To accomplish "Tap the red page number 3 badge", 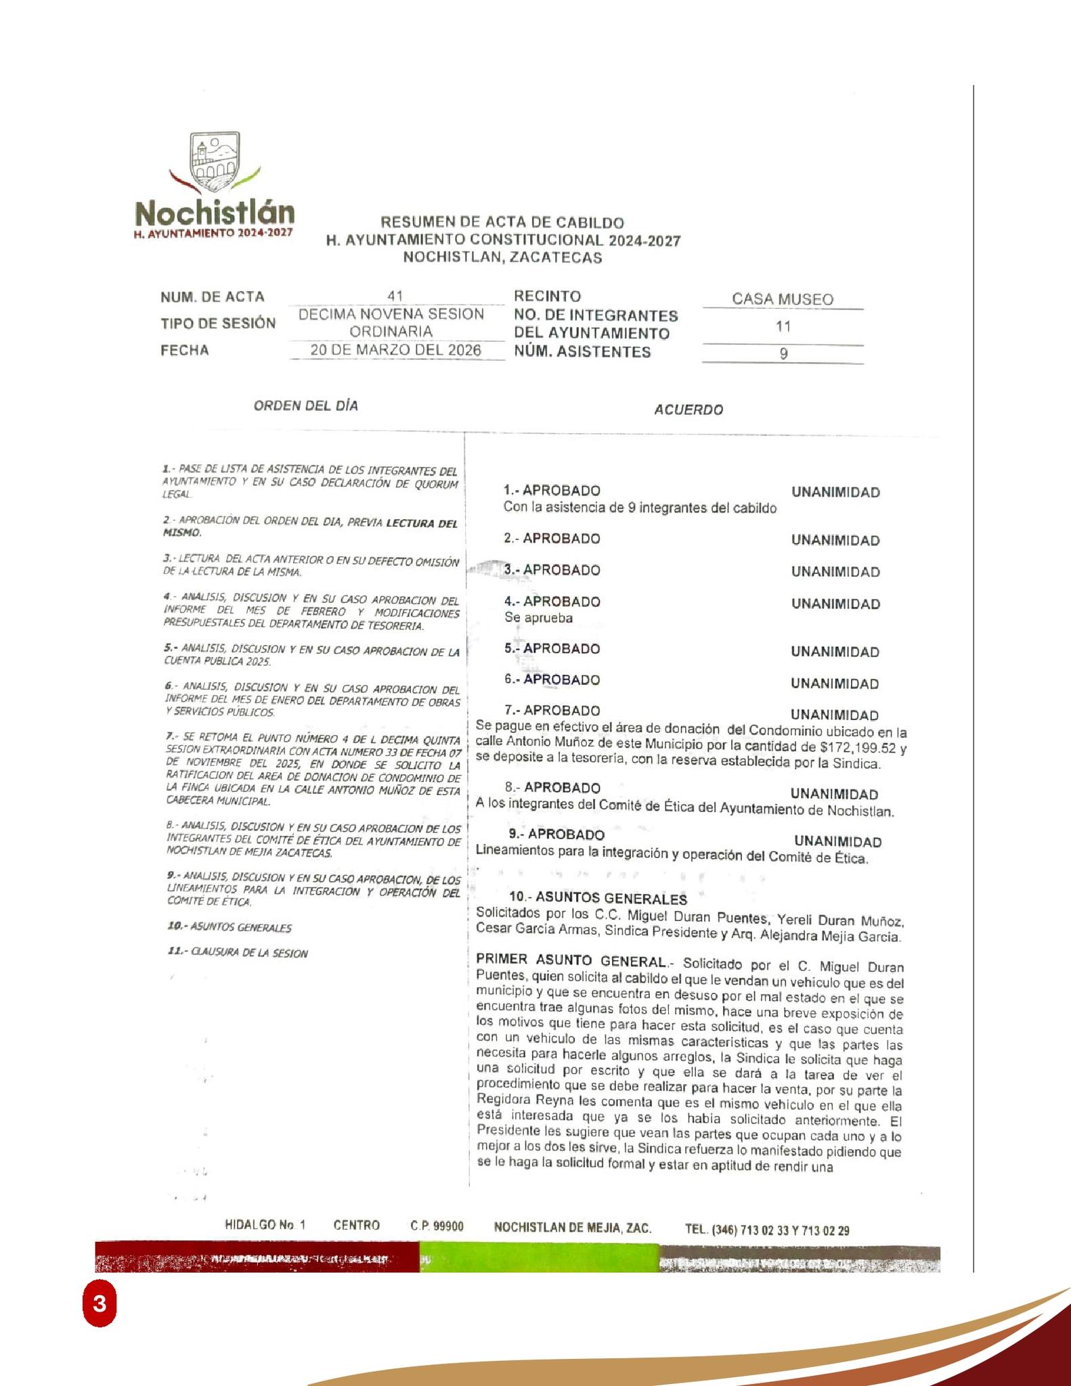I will (100, 1303).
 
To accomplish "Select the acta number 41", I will (395, 296).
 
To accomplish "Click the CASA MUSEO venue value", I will (782, 299).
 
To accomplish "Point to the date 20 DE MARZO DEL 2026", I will (395, 350).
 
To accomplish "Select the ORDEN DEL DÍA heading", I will (305, 406).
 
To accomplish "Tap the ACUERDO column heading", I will (688, 410).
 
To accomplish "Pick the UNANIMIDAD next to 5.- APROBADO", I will (834, 652).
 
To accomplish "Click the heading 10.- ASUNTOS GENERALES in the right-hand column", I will (598, 899).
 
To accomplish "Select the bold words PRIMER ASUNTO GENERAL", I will (571, 960).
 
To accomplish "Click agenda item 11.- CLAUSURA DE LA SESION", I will (237, 953).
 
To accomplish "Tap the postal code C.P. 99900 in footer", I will (437, 1226).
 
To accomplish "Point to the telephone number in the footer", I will (767, 1230).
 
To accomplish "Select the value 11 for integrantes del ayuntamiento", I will (783, 326).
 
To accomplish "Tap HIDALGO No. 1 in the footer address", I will (265, 1225).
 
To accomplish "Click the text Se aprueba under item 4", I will (538, 618).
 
